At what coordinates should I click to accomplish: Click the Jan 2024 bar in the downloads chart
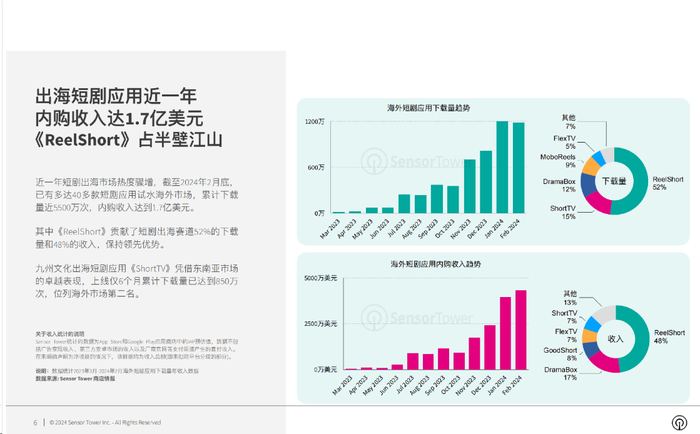click(502, 168)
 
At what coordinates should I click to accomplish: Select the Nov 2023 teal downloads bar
click(469, 186)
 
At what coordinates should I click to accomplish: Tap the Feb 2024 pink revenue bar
click(520, 330)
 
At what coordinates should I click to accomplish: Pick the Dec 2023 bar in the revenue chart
click(490, 347)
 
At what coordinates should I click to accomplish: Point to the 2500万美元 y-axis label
click(320, 324)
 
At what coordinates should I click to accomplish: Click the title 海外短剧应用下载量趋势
click(429, 108)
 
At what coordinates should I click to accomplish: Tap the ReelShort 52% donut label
click(668, 183)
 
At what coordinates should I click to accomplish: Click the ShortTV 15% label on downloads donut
click(563, 212)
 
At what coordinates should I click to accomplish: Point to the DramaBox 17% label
click(561, 373)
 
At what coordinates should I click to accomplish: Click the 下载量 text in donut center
click(614, 181)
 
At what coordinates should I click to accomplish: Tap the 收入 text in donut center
click(616, 338)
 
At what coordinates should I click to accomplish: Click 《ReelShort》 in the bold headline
click(86, 139)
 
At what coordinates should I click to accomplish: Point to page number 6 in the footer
click(36, 423)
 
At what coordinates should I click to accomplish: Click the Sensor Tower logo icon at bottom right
click(679, 422)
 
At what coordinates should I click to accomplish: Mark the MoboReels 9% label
click(558, 161)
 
